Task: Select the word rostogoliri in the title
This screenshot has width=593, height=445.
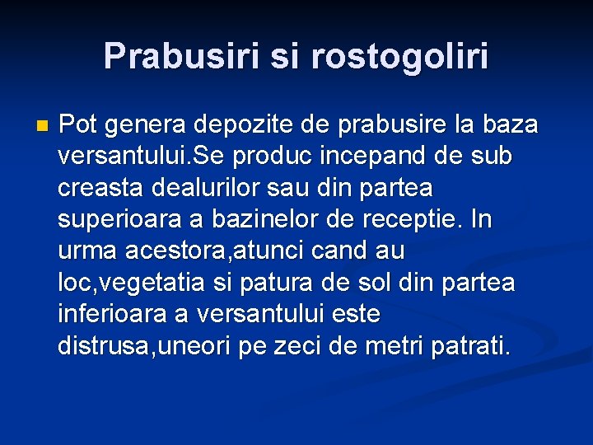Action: pyautogui.click(x=400, y=56)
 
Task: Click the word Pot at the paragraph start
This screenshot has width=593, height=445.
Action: pyautogui.click(x=78, y=125)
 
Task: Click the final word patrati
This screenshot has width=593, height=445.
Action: pyautogui.click(x=469, y=346)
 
